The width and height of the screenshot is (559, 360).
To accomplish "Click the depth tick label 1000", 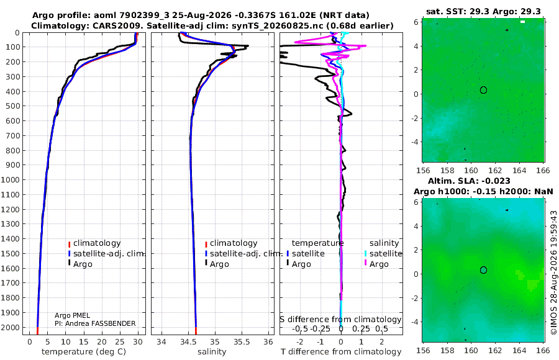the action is point(10,179).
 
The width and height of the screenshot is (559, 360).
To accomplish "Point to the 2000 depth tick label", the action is point(10,327).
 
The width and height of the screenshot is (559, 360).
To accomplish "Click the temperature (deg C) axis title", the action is point(84,352).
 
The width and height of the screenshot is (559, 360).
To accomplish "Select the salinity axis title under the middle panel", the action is point(212,352).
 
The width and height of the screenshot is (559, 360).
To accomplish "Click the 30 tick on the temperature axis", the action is point(138,342).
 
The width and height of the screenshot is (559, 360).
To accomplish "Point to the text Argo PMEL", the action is point(72,315).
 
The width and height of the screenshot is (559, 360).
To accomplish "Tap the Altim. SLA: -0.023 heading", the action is point(469,181).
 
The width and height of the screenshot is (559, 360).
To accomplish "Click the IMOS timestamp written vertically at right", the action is point(553,272).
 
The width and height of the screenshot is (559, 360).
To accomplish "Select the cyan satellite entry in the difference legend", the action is point(383,253).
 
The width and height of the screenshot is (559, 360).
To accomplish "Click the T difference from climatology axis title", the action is point(341,352).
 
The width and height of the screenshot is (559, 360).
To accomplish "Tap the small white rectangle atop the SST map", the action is point(522,22).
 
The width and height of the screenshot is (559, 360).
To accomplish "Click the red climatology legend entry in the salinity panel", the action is point(231,243).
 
